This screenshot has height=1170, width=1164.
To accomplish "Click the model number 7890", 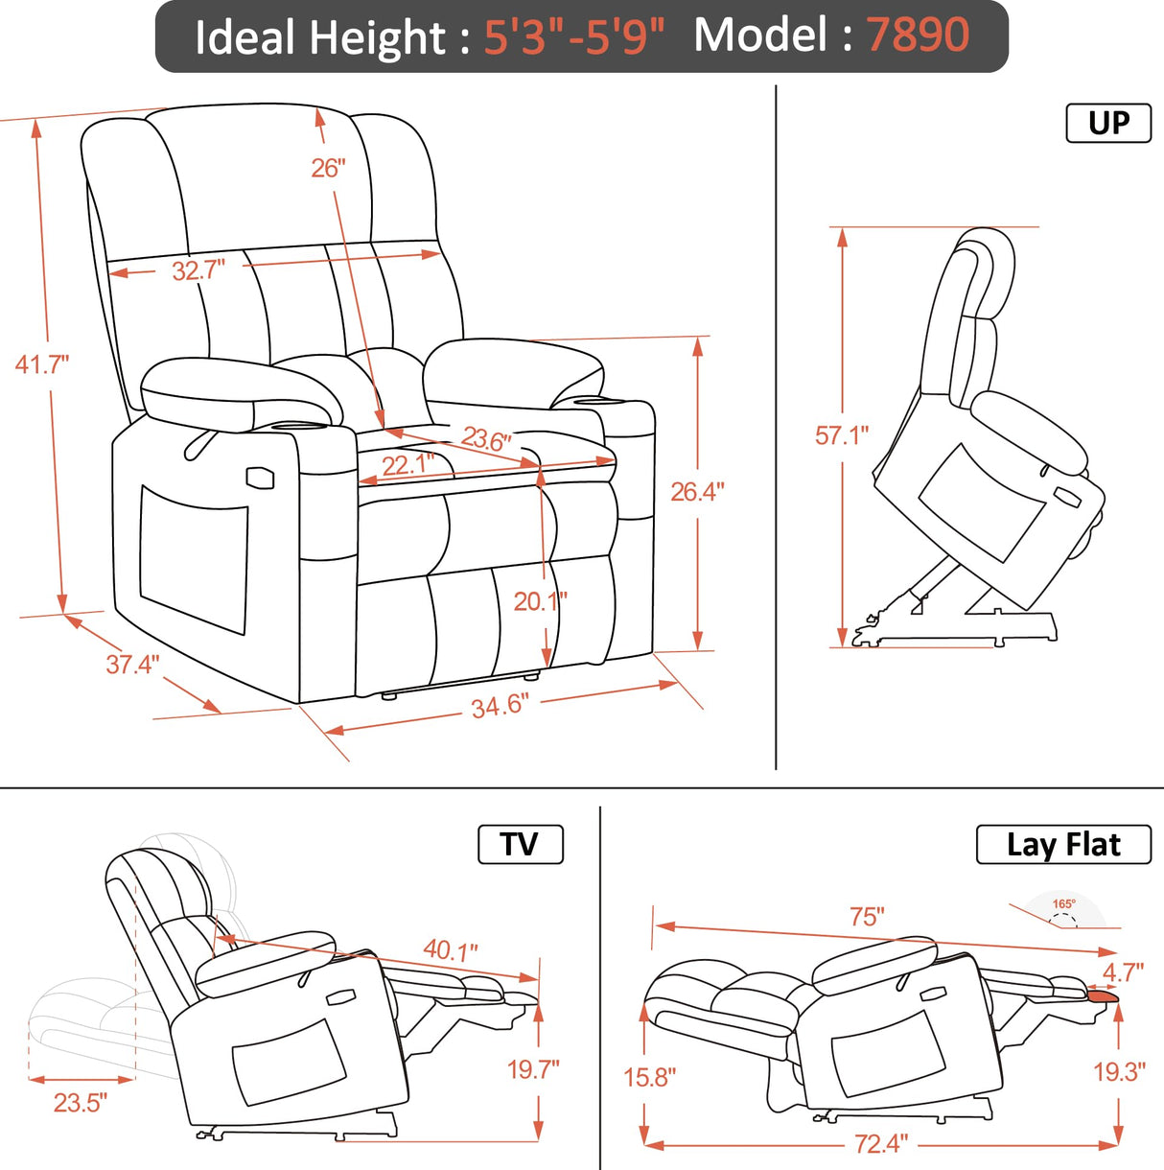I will tap(918, 35).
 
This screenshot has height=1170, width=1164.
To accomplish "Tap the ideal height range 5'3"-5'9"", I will tap(573, 37).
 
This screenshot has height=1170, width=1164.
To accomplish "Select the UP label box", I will tap(1108, 124).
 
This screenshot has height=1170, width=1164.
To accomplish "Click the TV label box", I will tap(520, 845).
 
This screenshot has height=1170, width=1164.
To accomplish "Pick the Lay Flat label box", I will tap(1062, 845).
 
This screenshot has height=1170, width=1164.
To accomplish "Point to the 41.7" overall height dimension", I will tap(42, 364).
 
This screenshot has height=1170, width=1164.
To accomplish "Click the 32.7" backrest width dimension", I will tap(198, 270).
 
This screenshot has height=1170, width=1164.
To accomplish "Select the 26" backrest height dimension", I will tap(327, 169).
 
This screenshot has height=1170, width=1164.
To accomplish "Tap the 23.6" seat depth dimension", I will tap(486, 439).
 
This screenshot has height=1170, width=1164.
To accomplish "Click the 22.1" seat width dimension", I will tap(408, 465).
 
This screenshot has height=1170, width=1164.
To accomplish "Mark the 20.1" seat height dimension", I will tap(540, 601).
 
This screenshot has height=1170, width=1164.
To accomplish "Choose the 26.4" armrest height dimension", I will tap(697, 492).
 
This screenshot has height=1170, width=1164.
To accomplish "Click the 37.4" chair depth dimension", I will tap(132, 665).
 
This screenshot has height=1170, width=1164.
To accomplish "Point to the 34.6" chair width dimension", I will tap(499, 707).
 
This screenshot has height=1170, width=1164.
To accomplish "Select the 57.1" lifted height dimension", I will tap(841, 435).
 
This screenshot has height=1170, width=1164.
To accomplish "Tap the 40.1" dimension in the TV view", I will tap(450, 950).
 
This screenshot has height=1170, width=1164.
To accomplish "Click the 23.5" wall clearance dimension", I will tap(80, 1103).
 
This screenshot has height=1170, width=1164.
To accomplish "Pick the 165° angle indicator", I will tap(1063, 904).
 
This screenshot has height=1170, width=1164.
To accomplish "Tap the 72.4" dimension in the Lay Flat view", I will tap(880, 1144).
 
